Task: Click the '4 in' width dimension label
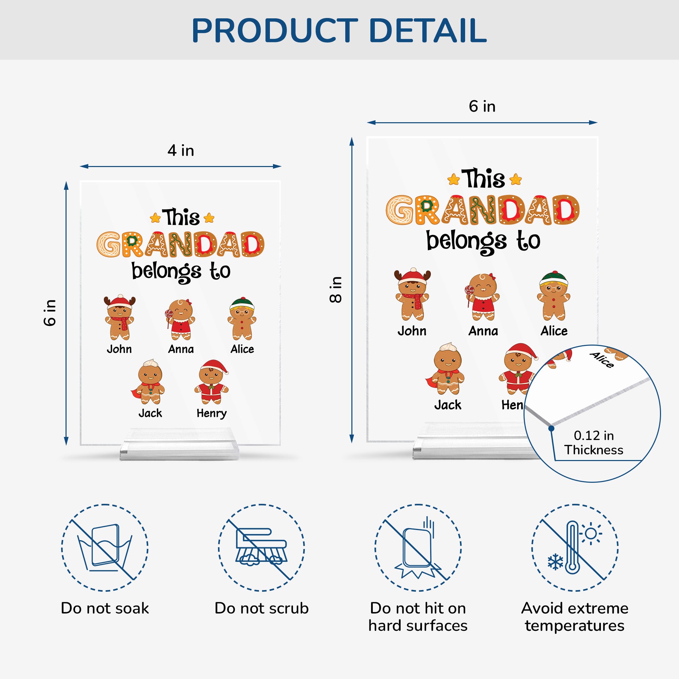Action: pyautogui.click(x=181, y=150)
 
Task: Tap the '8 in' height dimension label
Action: pyautogui.click(x=336, y=290)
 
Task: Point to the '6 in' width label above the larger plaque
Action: pyautogui.click(x=482, y=106)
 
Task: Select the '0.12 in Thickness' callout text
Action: pyautogui.click(x=593, y=442)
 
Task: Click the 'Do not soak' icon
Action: pyautogui.click(x=105, y=548)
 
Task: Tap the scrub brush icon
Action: pyautogui.click(x=261, y=548)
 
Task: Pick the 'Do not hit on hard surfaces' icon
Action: pyautogui.click(x=418, y=548)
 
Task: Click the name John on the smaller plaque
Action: pyautogui.click(x=119, y=349)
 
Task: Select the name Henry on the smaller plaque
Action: pyautogui.click(x=212, y=414)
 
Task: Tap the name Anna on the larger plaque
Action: pyautogui.click(x=483, y=331)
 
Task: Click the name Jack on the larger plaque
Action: pyautogui.click(x=447, y=405)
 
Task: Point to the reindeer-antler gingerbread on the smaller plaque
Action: pyautogui.click(x=120, y=317)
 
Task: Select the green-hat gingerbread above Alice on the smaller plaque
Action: pyautogui.click(x=242, y=318)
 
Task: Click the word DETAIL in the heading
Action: pyautogui.click(x=428, y=31)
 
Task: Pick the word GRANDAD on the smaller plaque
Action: pyautogui.click(x=181, y=244)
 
